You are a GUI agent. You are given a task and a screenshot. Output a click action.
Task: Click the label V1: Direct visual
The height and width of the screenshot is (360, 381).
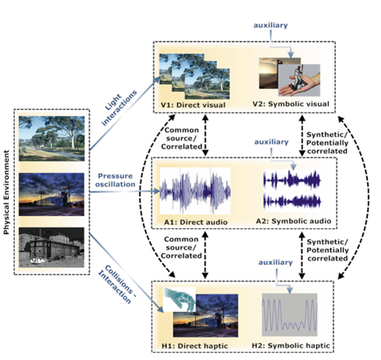point(193,105)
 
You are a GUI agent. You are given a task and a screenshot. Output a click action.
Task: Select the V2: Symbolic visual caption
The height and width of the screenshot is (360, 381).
point(291,104)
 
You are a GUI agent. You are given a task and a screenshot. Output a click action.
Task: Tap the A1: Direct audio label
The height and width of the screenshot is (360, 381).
point(196,222)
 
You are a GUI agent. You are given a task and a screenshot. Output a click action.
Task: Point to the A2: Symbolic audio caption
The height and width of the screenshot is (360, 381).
point(293,221)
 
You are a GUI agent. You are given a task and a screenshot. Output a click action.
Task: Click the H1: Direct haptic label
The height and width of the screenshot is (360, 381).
point(195,346)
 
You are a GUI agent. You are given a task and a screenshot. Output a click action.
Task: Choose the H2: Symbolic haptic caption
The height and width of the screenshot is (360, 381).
point(291,345)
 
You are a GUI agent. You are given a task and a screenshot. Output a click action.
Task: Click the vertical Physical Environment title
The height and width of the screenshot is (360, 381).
point(7,192)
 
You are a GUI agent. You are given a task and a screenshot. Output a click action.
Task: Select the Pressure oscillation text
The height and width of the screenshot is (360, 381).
point(115,180)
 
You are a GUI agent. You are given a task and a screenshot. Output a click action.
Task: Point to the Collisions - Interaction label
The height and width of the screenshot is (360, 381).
point(117,285)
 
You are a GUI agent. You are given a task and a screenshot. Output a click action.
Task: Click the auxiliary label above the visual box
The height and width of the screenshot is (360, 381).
point(270,25)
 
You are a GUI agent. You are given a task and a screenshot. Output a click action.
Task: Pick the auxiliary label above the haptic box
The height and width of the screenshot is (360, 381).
point(276,262)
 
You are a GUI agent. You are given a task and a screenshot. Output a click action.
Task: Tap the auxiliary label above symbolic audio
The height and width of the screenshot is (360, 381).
point(271,142)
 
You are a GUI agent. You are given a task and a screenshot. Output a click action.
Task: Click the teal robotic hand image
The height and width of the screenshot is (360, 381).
point(180,300)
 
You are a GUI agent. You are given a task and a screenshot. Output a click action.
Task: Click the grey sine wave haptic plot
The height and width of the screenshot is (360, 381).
point(290,314)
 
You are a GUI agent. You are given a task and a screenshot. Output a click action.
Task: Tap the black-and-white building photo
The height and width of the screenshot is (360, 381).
point(52,247)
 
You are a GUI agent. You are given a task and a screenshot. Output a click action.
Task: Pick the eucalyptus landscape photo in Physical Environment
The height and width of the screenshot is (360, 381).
point(52,138)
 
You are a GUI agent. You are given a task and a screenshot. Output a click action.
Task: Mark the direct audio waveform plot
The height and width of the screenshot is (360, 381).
point(195,191)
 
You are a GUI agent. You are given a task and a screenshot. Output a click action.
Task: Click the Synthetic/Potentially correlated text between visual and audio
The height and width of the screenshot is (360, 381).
point(327,143)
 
